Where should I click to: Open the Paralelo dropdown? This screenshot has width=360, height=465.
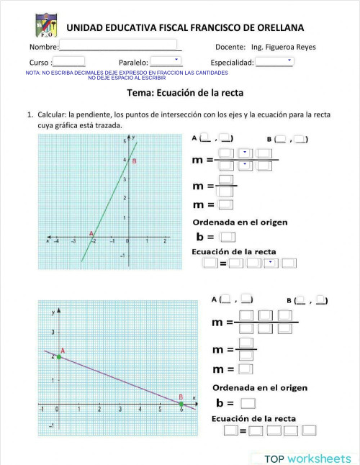tap(166, 61)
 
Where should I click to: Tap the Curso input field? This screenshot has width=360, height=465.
tap(71, 62)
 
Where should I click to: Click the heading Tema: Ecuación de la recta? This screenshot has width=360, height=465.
tap(185, 93)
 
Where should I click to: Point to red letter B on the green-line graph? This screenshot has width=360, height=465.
tap(134, 162)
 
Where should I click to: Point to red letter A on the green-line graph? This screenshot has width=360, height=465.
tap(91, 233)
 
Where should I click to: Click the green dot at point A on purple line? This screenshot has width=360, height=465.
tap(58, 356)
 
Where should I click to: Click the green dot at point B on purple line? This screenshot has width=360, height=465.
tap(181, 404)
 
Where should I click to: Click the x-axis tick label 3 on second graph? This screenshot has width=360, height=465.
tap(120, 410)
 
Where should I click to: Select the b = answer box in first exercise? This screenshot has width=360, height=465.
tap(228, 236)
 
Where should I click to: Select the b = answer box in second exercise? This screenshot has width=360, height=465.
tap(248, 403)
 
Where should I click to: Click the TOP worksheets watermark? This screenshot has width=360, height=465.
tap(307, 458)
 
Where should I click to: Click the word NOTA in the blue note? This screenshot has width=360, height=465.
tap(33, 73)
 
